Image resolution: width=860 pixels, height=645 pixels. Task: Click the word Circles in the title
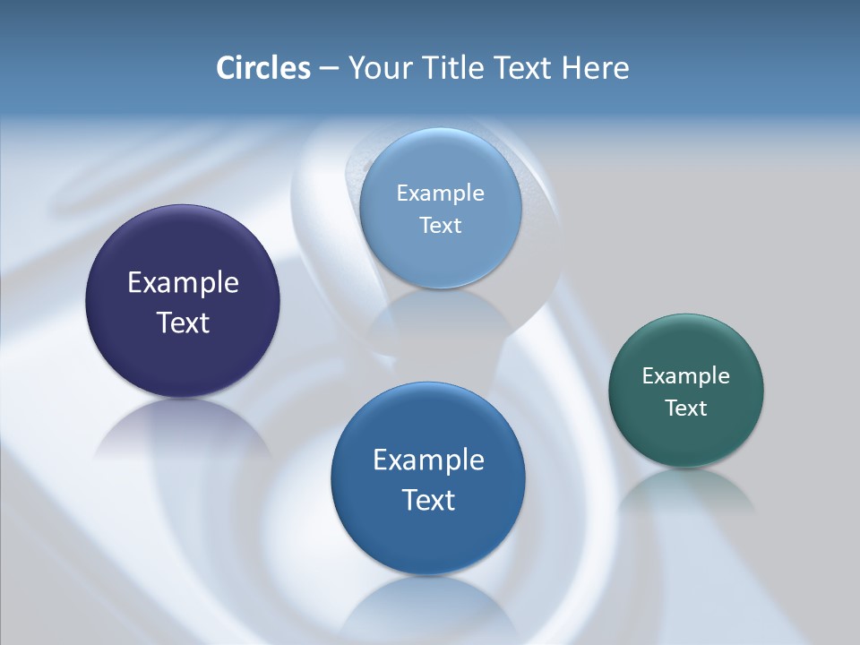click(262, 68)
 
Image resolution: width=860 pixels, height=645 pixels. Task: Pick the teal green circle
click(686, 439)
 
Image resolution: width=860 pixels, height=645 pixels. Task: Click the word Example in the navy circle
click(183, 283)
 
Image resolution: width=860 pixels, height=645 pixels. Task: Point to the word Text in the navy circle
click(183, 322)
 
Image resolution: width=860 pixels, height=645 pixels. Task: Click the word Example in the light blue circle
click(440, 193)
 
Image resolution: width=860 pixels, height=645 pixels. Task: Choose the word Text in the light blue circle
click(440, 225)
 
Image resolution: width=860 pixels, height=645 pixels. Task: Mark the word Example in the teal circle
click(686, 375)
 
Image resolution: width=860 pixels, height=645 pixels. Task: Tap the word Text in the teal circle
click(686, 408)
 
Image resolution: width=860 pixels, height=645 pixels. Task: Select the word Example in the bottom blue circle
click(428, 460)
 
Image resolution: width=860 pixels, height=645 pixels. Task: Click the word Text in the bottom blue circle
click(428, 500)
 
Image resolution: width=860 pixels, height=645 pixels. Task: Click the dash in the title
click(329, 68)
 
